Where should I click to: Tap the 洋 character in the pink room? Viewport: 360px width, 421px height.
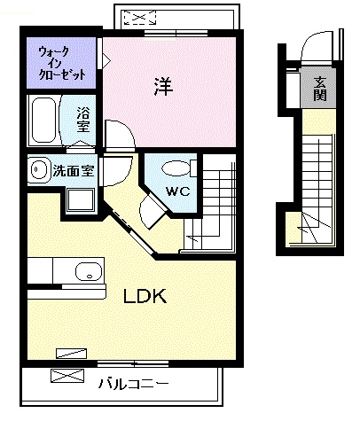tap(161, 87)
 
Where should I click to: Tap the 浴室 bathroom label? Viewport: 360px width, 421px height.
tap(82, 118)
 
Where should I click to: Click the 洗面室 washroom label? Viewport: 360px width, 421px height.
tap(73, 170)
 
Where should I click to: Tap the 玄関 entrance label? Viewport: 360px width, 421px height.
tap(320, 87)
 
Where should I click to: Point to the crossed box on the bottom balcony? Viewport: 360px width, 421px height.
tap(68, 375)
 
